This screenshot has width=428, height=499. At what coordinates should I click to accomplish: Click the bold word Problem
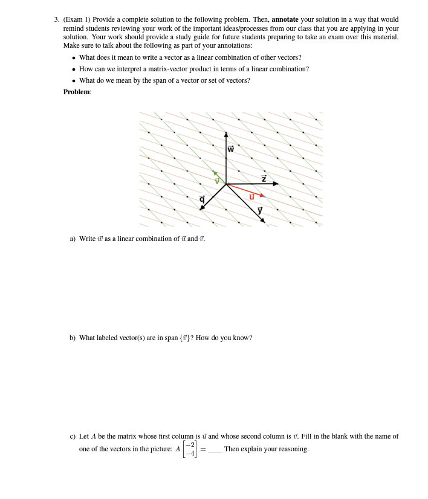coord(77,92)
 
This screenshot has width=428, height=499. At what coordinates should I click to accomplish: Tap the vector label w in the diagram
coord(231,149)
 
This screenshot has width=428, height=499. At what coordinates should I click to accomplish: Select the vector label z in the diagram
coord(264,178)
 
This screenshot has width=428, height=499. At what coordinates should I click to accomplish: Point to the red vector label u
coord(251,196)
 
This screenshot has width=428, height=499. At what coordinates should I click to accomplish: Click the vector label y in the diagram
coord(260,210)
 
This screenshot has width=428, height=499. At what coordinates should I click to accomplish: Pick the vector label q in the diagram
coord(202,199)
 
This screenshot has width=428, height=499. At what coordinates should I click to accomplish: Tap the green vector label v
coord(217,181)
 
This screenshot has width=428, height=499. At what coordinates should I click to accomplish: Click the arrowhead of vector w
coord(226,135)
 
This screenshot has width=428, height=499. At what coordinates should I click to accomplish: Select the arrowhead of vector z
coord(276,183)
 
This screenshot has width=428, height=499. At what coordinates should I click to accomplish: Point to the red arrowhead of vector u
coord(262,195)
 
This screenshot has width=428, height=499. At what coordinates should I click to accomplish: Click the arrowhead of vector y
coord(263,221)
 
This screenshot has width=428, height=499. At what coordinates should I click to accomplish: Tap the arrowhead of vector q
coord(202,208)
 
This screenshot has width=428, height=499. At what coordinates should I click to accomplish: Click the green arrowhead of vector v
coord(215,173)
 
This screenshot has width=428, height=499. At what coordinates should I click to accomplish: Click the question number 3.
coord(57,19)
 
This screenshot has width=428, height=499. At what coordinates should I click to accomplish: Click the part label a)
coord(73,239)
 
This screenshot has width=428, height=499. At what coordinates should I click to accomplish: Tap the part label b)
coord(73,338)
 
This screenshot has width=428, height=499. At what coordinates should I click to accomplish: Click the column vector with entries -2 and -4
coord(190,449)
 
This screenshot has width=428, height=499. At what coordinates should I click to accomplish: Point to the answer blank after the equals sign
coord(215,450)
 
